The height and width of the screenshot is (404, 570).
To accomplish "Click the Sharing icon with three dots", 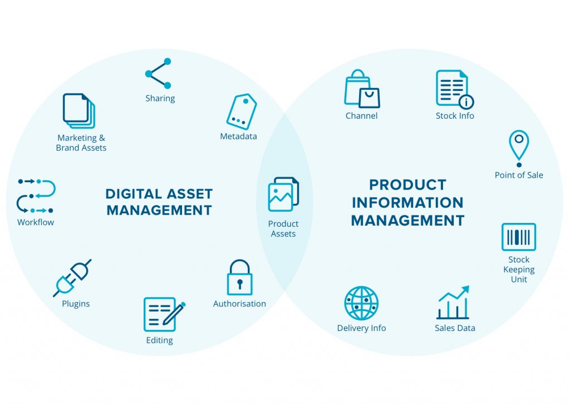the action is [x=157, y=74].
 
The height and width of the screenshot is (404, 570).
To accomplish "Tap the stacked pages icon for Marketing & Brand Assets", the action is [x=79, y=111].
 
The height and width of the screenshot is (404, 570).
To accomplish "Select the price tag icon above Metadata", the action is [x=242, y=111].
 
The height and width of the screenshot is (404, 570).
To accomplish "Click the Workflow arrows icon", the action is [x=36, y=196].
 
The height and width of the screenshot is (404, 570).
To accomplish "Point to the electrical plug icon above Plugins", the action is [x=72, y=278].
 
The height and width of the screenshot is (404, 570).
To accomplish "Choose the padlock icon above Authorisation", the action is [x=239, y=277].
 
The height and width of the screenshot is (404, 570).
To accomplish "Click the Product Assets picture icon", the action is [x=283, y=194].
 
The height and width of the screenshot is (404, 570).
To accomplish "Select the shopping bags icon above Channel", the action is [x=362, y=89].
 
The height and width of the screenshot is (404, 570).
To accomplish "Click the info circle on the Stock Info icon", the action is [x=466, y=101].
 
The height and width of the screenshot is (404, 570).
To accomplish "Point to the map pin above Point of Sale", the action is [x=519, y=148].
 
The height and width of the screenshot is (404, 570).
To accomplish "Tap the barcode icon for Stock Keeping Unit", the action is [x=519, y=237].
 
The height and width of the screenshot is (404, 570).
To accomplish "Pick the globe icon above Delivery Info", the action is [x=361, y=303].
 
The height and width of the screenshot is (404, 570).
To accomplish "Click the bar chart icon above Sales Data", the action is [x=453, y=303].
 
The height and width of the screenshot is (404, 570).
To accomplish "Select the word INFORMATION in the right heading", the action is [x=407, y=203].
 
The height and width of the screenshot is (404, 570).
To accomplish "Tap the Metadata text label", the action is [x=238, y=137].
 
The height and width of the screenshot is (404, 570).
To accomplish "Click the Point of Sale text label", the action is [x=519, y=175].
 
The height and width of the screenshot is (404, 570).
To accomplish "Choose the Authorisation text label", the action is [x=239, y=304].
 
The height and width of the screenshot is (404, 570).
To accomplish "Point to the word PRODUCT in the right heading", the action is [x=407, y=185].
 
